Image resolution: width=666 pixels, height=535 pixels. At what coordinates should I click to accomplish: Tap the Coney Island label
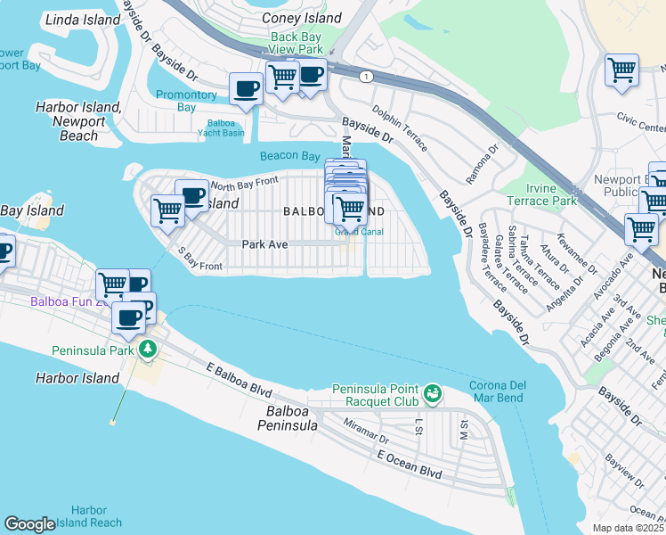coord(302,18)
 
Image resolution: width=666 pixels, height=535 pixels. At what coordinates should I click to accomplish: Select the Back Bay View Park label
coord(297,43)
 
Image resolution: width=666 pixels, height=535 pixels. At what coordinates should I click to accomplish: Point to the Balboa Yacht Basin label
coord(220,128)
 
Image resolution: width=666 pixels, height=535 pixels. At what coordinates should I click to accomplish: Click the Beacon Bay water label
coord(289,156)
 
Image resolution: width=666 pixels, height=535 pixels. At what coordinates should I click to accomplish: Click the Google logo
coord(29,524)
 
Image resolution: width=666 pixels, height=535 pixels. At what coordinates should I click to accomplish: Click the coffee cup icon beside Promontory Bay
coord(246,88)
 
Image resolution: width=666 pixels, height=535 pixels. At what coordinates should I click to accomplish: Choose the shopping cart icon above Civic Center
coord(621,70)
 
